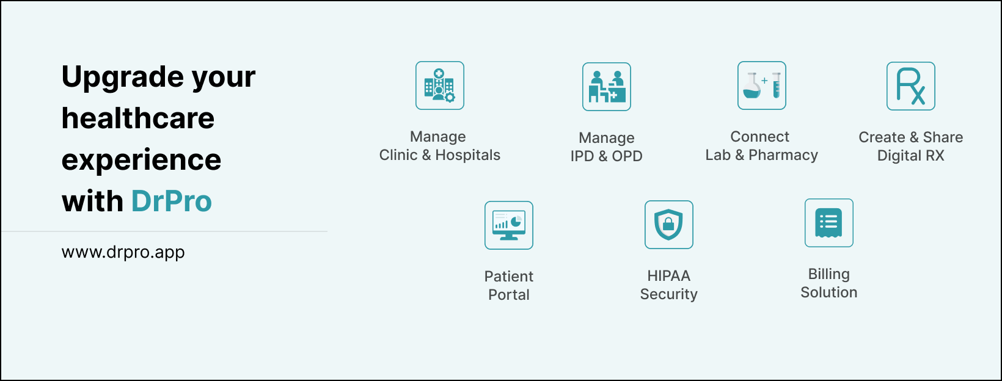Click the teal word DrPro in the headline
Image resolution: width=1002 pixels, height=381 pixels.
coord(171,201)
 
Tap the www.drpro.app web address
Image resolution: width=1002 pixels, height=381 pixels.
coord(123,252)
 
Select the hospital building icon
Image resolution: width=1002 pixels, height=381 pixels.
coord(440,85)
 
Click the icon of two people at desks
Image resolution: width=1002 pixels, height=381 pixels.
coord(607,87)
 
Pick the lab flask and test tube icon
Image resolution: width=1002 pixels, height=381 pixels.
coord(762,85)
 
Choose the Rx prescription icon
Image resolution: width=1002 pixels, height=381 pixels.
coord(911,86)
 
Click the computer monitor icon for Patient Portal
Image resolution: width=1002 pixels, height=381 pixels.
coord(509,225)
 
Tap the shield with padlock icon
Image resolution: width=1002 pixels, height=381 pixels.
coord(669,225)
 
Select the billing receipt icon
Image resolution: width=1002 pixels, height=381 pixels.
coord(829,223)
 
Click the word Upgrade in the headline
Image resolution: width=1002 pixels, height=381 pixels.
coord(122,78)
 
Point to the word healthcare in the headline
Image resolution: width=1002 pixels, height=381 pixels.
coord(138,118)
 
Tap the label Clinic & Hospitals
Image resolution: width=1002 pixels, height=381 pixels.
coord(440,154)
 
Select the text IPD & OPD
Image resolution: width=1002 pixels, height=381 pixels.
coord(607,156)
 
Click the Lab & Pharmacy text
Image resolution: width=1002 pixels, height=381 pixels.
coord(762,154)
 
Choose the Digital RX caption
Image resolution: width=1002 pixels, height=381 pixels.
coord(911,156)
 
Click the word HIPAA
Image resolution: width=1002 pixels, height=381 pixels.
coord(669,275)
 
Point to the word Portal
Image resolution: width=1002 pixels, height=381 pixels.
coord(509,295)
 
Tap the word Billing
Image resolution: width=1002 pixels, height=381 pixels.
coord(829,274)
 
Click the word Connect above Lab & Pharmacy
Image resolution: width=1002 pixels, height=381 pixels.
coord(760,136)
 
